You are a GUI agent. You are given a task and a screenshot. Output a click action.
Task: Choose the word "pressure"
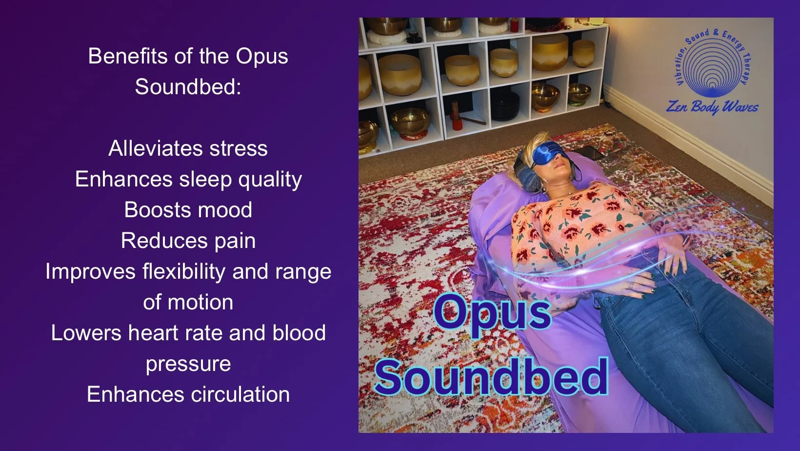[188, 364]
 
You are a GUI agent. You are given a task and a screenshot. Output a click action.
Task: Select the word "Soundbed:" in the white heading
[188, 87]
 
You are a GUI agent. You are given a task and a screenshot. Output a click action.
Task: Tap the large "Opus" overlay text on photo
[492, 312]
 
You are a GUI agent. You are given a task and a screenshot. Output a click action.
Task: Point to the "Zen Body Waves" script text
[712, 106]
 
